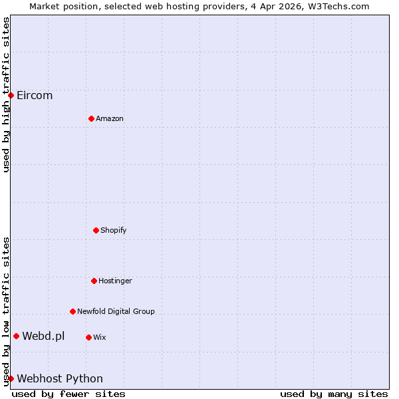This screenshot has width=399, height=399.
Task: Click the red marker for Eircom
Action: tap(11, 95)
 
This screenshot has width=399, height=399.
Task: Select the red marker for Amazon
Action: tap(91, 118)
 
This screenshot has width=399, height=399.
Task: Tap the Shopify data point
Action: tap(96, 230)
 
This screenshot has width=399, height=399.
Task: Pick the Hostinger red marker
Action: tap(94, 281)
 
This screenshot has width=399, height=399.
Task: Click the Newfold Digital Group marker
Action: tap(72, 311)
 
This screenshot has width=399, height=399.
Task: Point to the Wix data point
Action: tap(88, 337)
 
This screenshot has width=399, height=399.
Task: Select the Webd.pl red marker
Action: tap(16, 336)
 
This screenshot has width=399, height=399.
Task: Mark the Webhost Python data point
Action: tap(11, 378)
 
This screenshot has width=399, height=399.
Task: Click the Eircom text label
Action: tap(35, 95)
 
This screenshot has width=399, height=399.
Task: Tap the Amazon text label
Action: tap(110, 118)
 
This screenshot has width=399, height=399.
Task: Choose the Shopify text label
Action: tap(114, 230)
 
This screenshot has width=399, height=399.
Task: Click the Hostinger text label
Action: tap(116, 281)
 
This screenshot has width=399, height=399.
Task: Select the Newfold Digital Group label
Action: tap(116, 311)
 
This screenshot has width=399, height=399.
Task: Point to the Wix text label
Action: tap(100, 337)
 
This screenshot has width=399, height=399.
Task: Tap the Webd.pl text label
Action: tap(43, 336)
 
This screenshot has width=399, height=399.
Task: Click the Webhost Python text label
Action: tap(60, 378)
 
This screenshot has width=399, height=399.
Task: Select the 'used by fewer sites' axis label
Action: tap(68, 394)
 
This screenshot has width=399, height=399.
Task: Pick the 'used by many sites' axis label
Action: tap(334, 394)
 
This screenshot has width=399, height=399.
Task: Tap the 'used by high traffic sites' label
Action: tap(6, 94)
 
